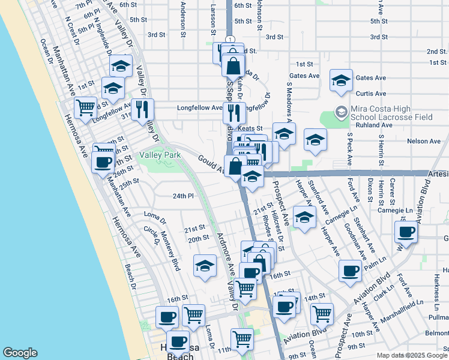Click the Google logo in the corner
pyautogui.click(x=20, y=353)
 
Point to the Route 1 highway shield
pyautogui.click(x=230, y=40)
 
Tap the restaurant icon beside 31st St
pyautogui.click(x=143, y=109)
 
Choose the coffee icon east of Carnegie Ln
pyautogui.click(x=407, y=232)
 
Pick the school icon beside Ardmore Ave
pyautogui.click(x=205, y=266)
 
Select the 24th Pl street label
pyautogui.click(x=184, y=196)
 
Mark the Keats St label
pyautogui.click(x=250, y=128)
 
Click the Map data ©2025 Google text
pyautogui.click(x=411, y=355)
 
